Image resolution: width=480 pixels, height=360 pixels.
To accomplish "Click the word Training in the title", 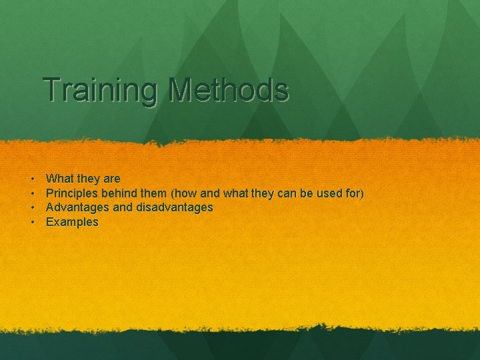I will (97, 90).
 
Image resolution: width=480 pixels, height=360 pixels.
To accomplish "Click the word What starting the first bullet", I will (59, 179).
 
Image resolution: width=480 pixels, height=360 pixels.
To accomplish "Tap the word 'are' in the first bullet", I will (112, 179).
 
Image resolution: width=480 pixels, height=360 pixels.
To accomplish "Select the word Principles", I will (73, 193).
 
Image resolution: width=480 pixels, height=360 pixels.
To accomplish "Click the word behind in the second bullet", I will (121, 193).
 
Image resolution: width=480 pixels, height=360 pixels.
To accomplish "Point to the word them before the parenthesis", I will (155, 193).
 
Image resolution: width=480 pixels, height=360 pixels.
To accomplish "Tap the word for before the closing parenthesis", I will (355, 193).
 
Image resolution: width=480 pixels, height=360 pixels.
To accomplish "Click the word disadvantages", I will (175, 208).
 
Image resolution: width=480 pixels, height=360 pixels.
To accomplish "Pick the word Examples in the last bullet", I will (72, 223).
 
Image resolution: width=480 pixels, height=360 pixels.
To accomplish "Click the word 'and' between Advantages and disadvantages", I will (123, 208).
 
